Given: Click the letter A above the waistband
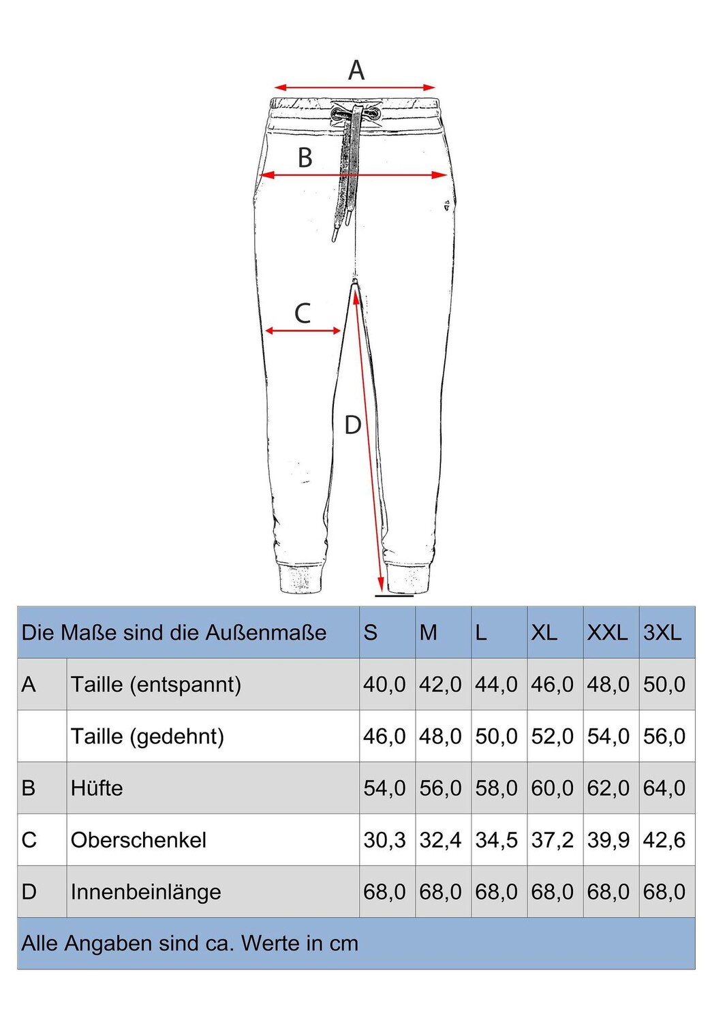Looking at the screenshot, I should click(356, 70).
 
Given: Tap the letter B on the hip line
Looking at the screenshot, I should click(305, 158).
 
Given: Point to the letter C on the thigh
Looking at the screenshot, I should click(303, 313).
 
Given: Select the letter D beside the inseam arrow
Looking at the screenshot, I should click(352, 425).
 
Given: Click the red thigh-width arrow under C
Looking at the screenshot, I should click(303, 331).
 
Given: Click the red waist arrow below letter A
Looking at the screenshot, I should click(354, 87).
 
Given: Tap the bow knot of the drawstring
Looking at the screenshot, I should click(355, 114).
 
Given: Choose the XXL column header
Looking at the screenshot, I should click(607, 633).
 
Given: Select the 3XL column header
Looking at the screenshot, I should click(662, 633).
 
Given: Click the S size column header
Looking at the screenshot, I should click(371, 633).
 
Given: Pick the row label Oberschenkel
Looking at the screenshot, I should click(138, 840).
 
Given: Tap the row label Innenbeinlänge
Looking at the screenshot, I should click(146, 892).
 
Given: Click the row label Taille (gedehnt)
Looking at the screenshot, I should click(147, 737).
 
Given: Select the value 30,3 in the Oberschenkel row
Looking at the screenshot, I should click(384, 840).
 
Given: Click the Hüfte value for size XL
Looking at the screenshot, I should click(552, 788).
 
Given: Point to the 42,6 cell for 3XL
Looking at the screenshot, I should click(664, 840).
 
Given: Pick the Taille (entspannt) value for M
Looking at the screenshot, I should click(440, 685).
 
